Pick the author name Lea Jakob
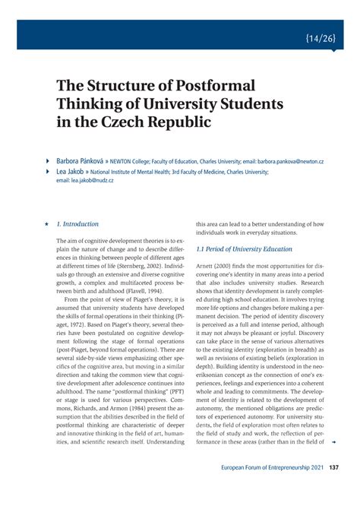[71, 172]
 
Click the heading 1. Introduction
[77, 224]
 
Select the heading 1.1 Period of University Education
[244, 248]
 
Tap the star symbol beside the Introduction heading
[47, 225]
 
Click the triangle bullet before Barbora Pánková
[48, 162]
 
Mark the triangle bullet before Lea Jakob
[48, 172]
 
